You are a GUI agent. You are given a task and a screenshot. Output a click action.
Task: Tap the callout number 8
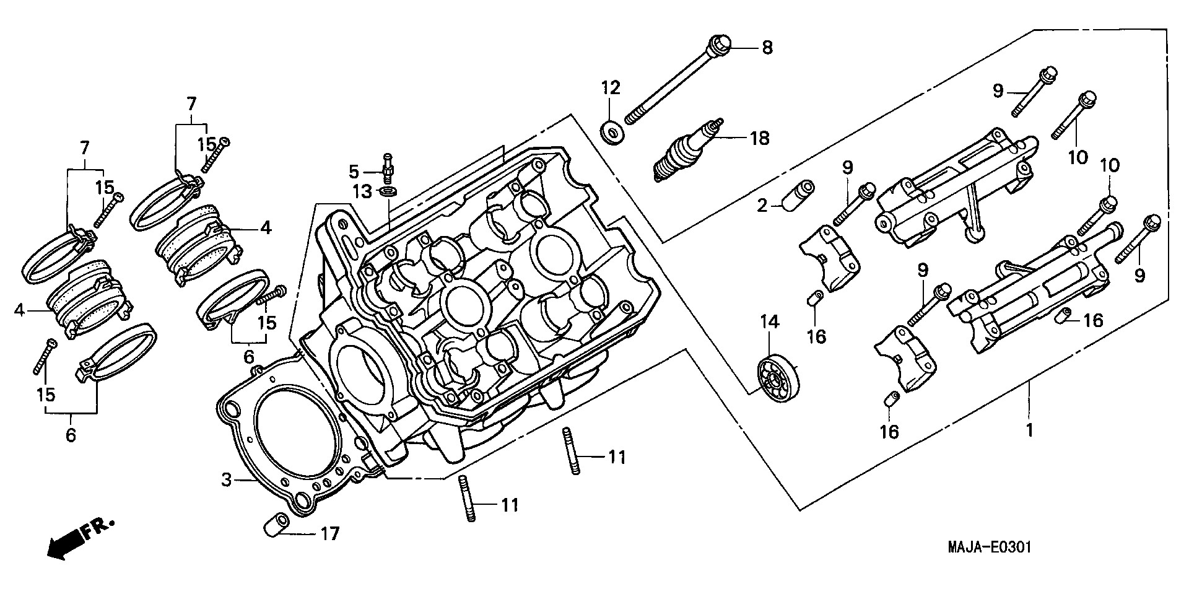(767, 48)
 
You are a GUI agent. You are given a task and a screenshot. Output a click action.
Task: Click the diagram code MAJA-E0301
(988, 547)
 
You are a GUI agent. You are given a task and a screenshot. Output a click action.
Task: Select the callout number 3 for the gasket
(227, 479)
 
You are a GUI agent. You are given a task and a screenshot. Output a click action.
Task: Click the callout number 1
(1029, 430)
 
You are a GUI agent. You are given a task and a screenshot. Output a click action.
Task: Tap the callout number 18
(759, 138)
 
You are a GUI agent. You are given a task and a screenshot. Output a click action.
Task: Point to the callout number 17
(329, 533)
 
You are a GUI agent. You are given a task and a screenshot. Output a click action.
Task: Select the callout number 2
(762, 206)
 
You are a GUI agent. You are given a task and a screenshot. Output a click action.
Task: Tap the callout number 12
(609, 87)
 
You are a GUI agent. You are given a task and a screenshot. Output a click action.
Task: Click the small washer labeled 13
(388, 190)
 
